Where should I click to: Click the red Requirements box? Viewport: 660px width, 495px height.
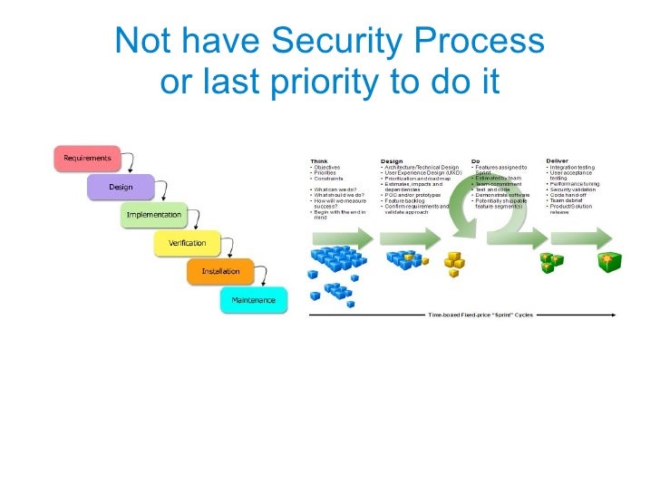[x=87, y=158]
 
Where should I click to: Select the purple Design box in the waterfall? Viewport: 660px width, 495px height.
[x=121, y=187]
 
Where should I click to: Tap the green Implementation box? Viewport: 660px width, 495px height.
[x=153, y=216]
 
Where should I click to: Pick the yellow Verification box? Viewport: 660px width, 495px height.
[x=188, y=243]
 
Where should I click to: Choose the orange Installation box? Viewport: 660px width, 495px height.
[x=220, y=271]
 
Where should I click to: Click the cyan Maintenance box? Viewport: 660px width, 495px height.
[x=254, y=299]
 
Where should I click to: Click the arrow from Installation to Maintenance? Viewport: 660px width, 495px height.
[x=266, y=277]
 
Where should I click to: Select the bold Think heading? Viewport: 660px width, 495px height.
[x=319, y=161]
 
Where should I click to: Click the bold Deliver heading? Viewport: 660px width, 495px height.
[x=558, y=161]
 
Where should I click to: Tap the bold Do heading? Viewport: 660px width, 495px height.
[x=477, y=161]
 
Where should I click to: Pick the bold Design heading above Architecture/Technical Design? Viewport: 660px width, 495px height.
[x=392, y=161]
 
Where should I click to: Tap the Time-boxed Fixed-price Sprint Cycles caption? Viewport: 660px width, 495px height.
[x=480, y=315]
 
